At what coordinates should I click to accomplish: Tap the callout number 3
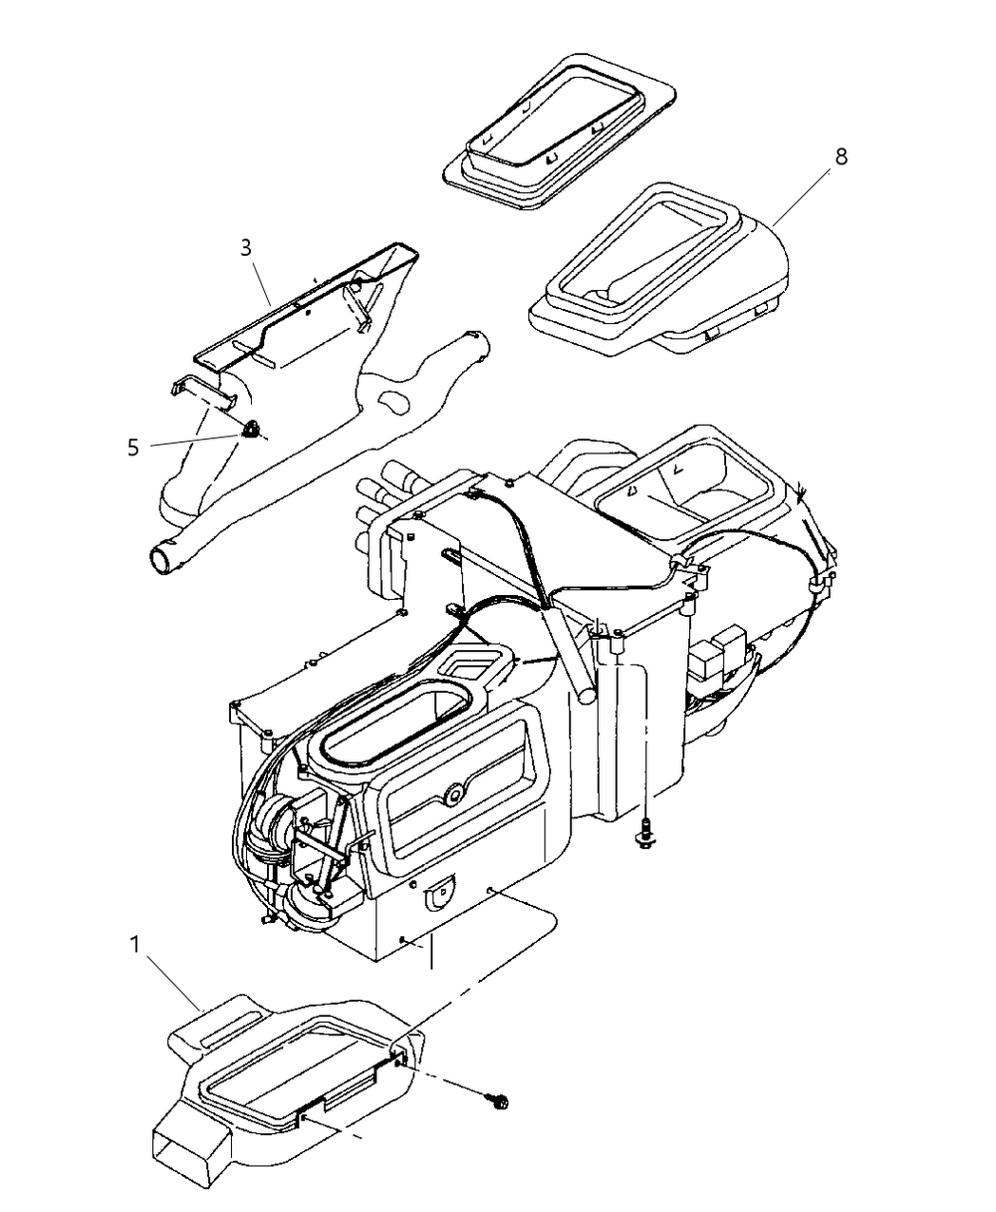click(x=246, y=248)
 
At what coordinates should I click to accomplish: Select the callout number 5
click(x=134, y=446)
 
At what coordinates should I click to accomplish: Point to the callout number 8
click(x=840, y=157)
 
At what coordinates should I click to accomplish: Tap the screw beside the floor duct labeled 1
click(x=497, y=1101)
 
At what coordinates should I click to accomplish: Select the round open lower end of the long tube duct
click(x=163, y=558)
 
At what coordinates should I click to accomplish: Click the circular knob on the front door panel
click(x=454, y=791)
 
